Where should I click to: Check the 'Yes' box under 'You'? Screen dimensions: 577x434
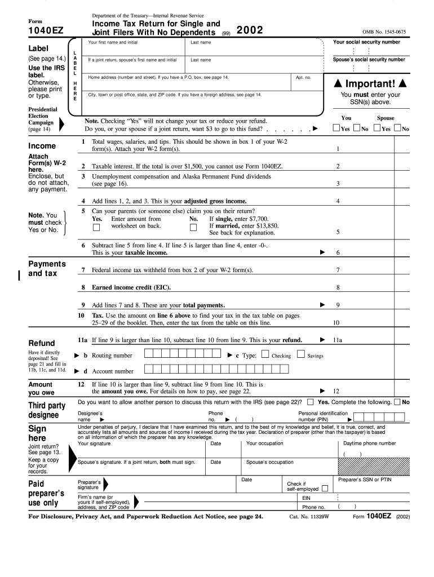click(336, 128)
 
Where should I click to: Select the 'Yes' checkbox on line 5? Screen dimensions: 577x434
click(96, 227)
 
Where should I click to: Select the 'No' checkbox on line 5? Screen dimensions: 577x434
click(193, 227)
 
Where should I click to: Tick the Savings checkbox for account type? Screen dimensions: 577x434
click(300, 354)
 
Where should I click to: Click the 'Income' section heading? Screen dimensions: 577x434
click(42, 146)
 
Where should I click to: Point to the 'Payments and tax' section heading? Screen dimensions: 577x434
click(47, 268)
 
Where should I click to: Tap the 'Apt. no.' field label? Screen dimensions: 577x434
click(303, 77)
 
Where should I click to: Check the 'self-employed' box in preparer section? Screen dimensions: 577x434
click(324, 489)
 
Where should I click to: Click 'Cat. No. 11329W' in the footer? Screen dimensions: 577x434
click(309, 516)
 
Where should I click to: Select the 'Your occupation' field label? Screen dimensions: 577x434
click(265, 443)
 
